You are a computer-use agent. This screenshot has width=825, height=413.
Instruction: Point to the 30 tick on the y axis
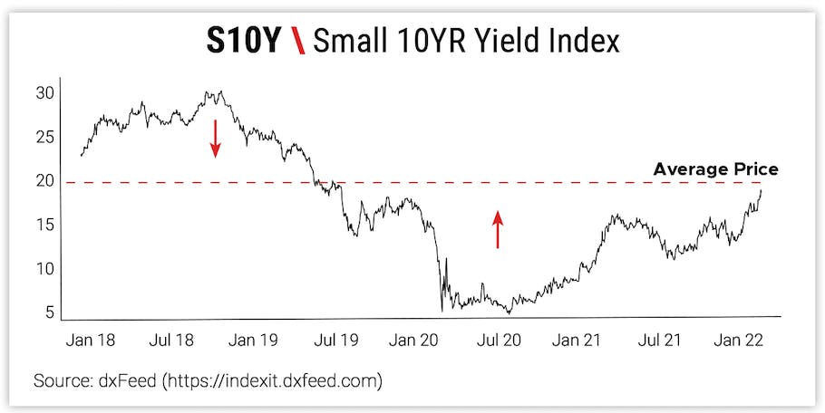tap(45, 93)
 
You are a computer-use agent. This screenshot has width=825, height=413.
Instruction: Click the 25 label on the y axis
tap(45, 138)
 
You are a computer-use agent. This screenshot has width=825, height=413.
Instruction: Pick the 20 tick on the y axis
tap(45, 181)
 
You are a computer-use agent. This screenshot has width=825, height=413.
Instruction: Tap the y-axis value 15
tap(45, 225)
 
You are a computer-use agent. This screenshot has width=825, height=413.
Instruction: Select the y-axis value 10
tap(45, 269)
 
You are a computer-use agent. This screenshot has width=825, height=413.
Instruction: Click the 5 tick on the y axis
tap(49, 313)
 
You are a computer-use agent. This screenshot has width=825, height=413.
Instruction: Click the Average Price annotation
tap(715, 169)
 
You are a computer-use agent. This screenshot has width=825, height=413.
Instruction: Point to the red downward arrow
tap(216, 139)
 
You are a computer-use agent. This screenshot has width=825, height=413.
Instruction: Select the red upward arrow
tap(497, 229)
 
